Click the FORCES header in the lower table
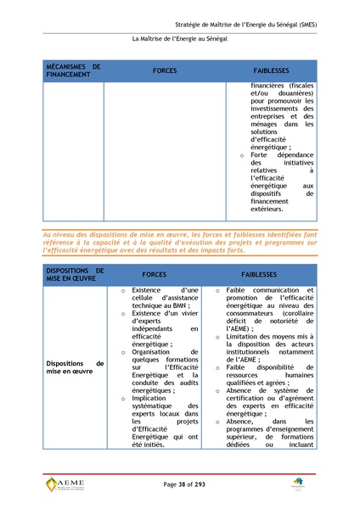(154, 276)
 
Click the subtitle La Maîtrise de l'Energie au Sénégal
(180, 40)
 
